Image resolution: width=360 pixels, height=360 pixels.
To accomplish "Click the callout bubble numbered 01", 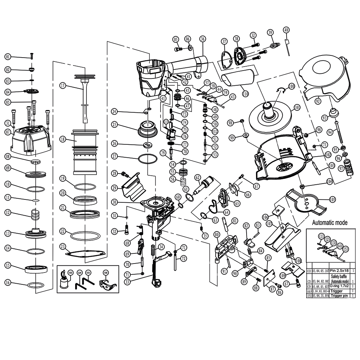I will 8,56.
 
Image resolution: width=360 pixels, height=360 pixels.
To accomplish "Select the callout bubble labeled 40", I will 286,30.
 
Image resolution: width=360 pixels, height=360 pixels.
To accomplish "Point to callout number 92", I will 318,102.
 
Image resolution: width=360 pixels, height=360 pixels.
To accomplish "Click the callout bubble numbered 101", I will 297,107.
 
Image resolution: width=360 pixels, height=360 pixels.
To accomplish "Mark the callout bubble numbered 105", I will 332,199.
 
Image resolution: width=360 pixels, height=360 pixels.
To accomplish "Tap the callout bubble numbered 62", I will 198,177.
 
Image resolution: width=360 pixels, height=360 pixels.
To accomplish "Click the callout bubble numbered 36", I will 202,39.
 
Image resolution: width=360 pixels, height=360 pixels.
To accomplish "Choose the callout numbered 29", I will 114,188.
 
